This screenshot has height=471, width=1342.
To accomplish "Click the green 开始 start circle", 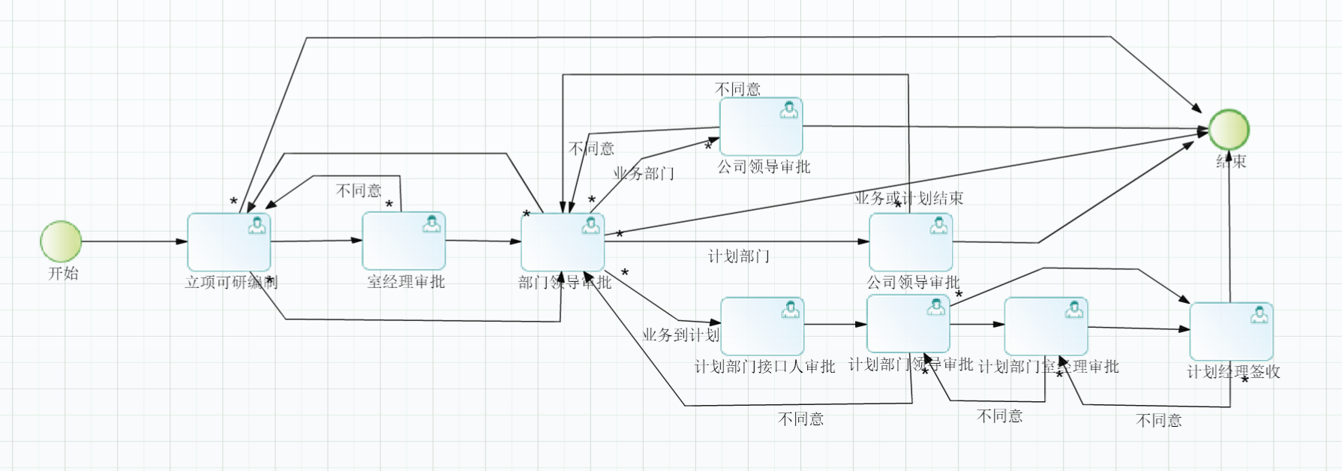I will [61, 241].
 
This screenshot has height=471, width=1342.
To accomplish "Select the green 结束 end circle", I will [1229, 130].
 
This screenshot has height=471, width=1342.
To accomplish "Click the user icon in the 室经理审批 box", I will [431, 223].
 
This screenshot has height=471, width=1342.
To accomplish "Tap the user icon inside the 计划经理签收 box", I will [1259, 315].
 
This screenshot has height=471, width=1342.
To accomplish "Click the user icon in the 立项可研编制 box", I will [257, 225].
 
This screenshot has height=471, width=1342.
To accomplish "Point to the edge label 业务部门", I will [644, 174].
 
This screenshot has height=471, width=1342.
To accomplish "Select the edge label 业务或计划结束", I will [909, 199].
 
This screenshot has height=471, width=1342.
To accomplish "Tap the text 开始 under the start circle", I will [63, 274].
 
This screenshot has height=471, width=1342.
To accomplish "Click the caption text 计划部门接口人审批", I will [764, 367].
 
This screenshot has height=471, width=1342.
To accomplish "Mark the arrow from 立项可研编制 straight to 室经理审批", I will [316, 241].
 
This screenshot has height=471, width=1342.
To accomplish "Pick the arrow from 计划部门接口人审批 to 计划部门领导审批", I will [835, 325].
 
